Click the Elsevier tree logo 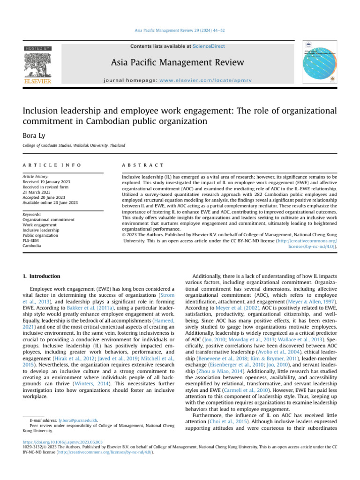pos(37,66)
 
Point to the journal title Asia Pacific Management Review pos(177,63)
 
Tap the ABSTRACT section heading pos(142,165)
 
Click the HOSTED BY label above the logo pos(38,49)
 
